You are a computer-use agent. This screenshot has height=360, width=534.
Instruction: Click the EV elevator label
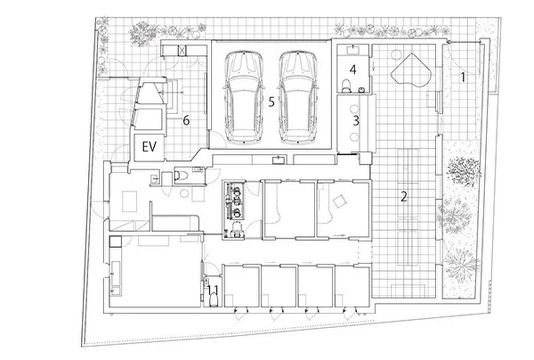149,147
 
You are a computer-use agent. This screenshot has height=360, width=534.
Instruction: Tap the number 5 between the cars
271,102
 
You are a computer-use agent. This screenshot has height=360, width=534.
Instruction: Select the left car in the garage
244,97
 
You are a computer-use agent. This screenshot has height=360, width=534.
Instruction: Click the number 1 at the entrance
463,77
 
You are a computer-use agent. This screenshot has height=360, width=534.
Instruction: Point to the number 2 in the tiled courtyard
403,196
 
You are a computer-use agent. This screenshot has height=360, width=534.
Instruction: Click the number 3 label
356,120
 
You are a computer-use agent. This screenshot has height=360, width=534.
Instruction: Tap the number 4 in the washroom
353,69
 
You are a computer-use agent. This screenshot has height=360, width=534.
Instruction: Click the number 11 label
213,290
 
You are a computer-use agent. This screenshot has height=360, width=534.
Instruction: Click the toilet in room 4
346,85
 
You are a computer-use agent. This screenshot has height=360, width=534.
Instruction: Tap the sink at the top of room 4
353,50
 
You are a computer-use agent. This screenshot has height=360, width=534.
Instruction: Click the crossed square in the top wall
183,51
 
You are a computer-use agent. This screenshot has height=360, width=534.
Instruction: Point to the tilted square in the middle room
339,202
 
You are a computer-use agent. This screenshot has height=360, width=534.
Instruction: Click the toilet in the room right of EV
181,175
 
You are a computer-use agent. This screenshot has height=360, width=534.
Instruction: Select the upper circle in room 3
355,110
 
